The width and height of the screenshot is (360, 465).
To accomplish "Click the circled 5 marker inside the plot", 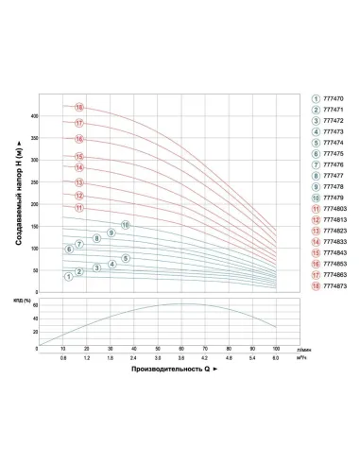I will point(126,258).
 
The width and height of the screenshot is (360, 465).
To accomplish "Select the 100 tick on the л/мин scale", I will point(276,349).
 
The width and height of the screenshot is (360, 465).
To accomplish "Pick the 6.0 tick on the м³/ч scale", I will point(276,359).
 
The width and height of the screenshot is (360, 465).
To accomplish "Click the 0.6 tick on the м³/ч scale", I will point(63,359).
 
